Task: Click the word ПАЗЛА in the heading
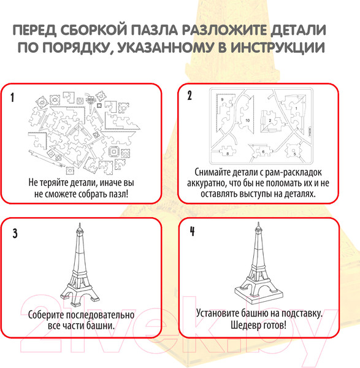pyautogui.click(x=154, y=30)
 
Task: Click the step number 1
pyautogui.click(x=12, y=97)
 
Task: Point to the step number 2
pyautogui.click(x=190, y=95)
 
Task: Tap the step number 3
pyautogui.click(x=15, y=234)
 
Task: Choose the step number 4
pyautogui.click(x=193, y=231)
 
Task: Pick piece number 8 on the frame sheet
pyautogui.click(x=227, y=151)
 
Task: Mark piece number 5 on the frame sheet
pyautogui.click(x=293, y=151)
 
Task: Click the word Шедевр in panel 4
pyautogui.click(x=244, y=325)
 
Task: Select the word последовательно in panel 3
pyautogui.click(x=100, y=315)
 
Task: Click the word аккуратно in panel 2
pyautogui.click(x=205, y=183)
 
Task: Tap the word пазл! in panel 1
pyautogui.click(x=119, y=194)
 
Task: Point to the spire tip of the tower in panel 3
pyautogui.click(x=80, y=224)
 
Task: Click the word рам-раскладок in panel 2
pyautogui.click(x=293, y=173)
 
